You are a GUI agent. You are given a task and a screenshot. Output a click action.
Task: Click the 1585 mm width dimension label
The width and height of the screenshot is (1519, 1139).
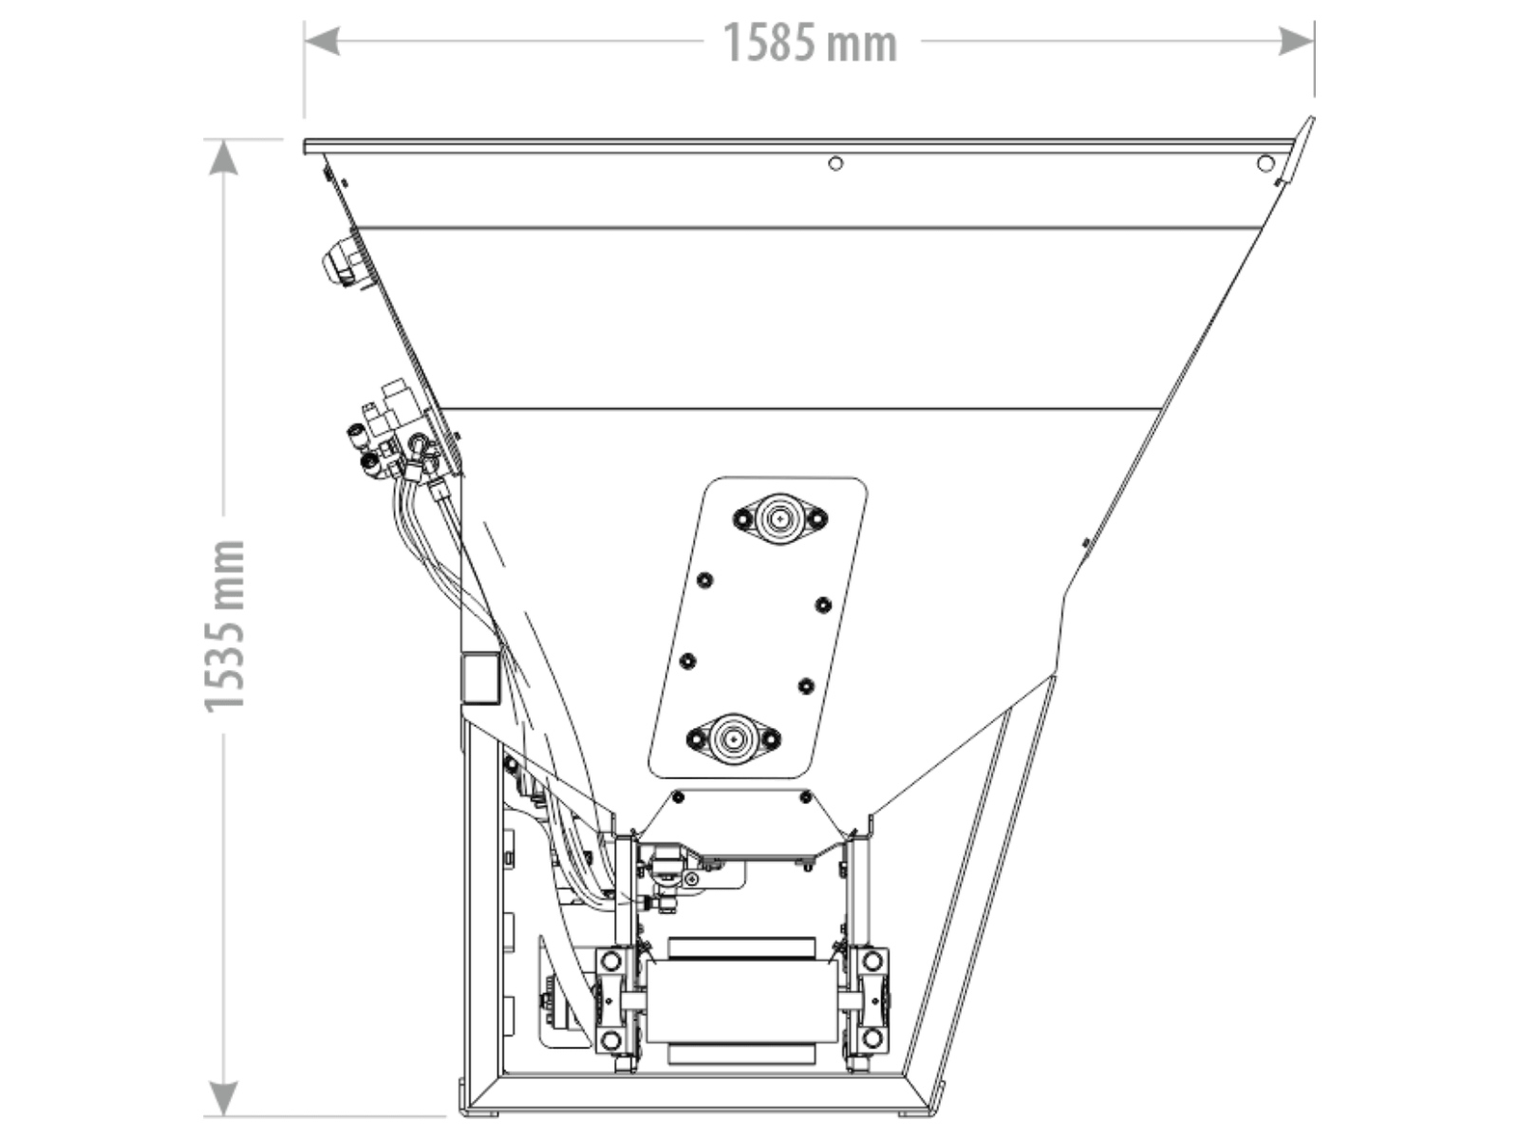point(811,43)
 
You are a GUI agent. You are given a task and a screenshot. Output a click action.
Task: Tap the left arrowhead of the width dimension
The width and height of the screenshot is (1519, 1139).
point(322,41)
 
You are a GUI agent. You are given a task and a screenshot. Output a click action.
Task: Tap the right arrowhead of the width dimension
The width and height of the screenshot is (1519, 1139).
point(1296,41)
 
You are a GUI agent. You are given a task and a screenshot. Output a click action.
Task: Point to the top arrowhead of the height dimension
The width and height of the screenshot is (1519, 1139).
point(223,157)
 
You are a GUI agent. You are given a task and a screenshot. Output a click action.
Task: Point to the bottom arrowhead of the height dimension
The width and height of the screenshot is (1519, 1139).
point(223,1098)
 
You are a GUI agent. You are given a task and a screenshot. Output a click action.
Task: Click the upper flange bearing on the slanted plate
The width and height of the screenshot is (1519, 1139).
point(780,518)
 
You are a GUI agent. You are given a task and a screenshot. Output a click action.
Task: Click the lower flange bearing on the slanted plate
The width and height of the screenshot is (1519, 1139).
point(733,739)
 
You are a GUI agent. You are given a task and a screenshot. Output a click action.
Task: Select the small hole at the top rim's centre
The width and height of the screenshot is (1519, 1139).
point(835,164)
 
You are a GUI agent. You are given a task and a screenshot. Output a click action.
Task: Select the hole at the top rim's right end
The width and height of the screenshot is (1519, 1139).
point(1265,164)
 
